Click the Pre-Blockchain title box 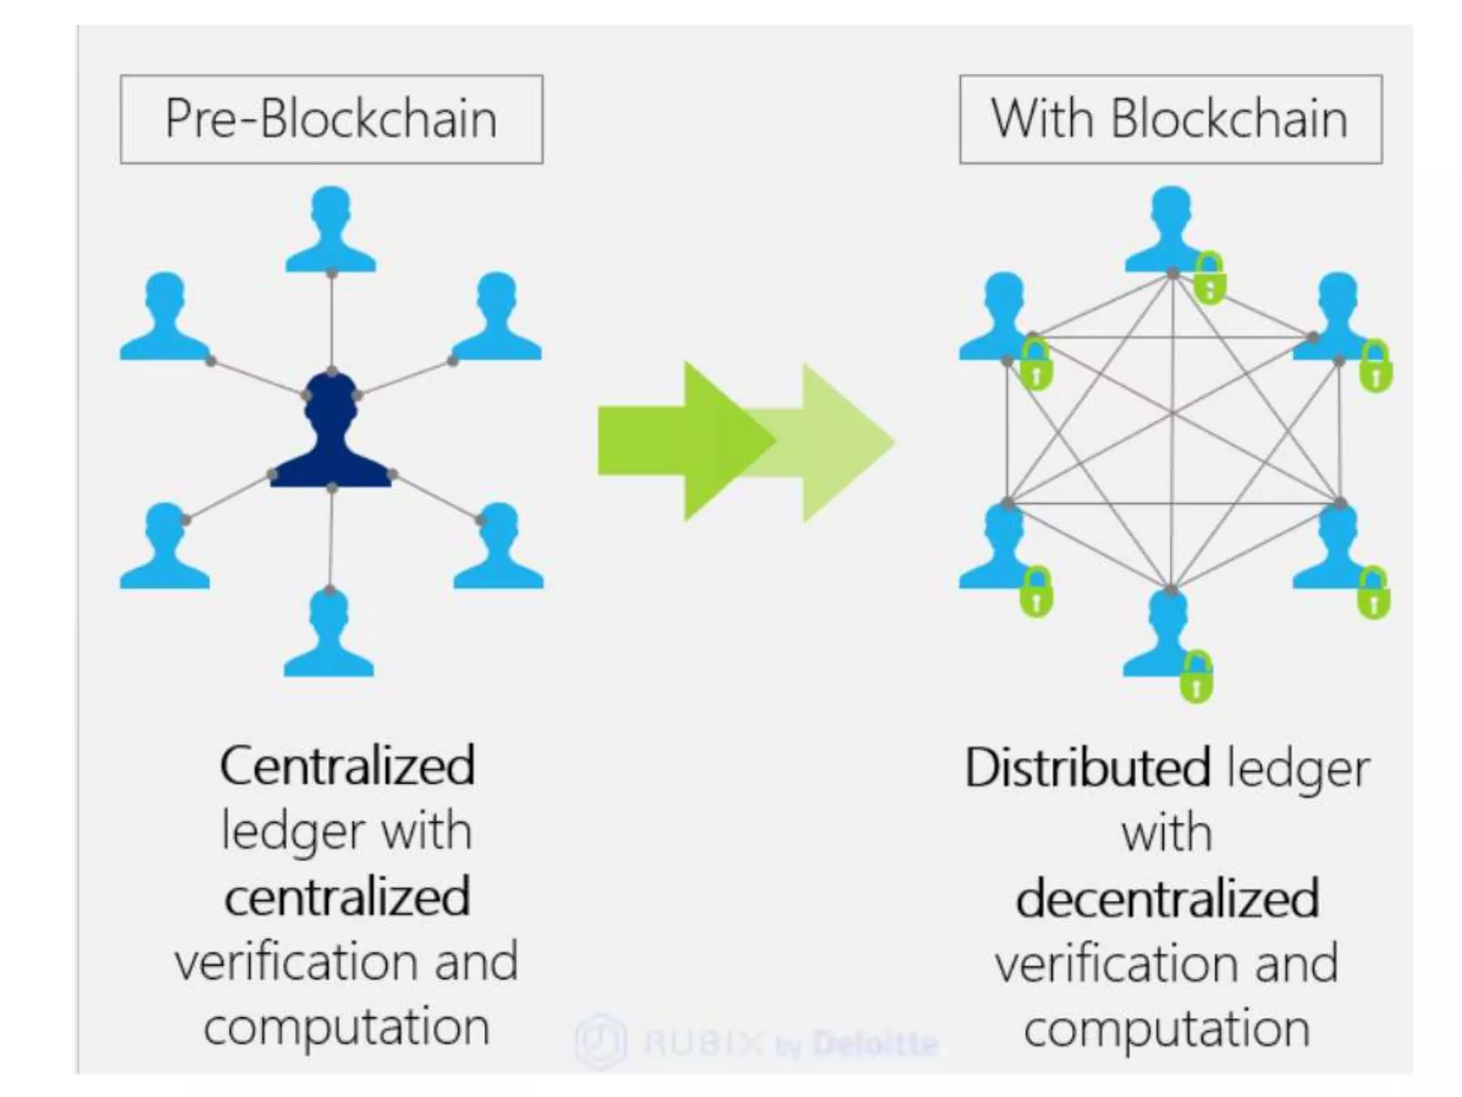point(331,119)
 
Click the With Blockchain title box point(1170,119)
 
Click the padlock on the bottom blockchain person point(1196,679)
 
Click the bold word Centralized point(347,766)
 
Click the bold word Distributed point(1087,768)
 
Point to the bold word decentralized point(1167,898)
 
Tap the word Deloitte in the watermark point(875,1044)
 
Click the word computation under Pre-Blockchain point(347,1027)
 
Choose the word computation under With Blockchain point(1167,1028)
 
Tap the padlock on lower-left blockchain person point(1037,593)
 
